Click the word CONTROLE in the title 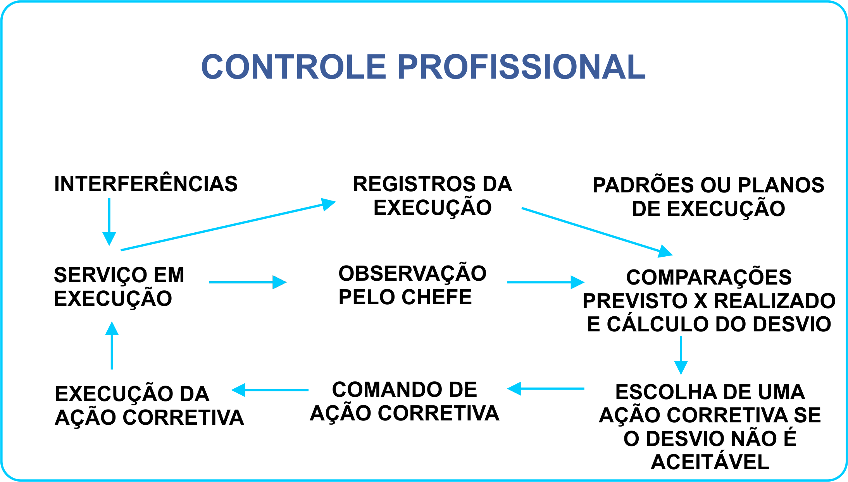click(x=294, y=67)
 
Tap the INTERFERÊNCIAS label click(x=146, y=184)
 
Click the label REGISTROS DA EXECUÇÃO click(x=433, y=196)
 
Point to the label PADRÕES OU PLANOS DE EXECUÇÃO click(x=708, y=197)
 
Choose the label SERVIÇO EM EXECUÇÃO click(x=119, y=286)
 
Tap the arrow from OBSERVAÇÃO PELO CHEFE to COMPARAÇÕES click(x=545, y=282)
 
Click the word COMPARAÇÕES click(x=709, y=277)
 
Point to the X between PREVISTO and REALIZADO click(x=700, y=301)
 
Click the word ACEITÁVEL click(x=710, y=462)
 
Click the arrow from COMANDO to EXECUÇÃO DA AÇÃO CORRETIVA click(x=270, y=390)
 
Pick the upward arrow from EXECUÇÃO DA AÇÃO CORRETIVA click(x=112, y=345)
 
